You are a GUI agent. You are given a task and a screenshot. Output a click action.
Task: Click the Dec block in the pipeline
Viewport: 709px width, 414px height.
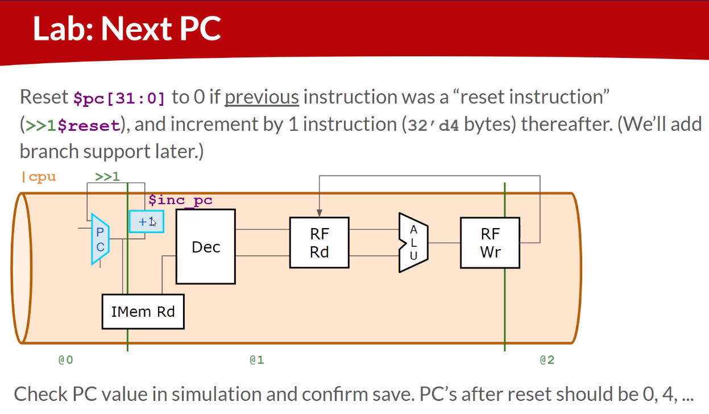pyautogui.click(x=206, y=247)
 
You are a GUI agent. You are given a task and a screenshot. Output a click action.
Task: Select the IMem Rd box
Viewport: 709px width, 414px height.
pyautogui.click(x=143, y=312)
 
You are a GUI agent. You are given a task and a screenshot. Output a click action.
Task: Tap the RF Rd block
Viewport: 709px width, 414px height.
pyautogui.click(x=320, y=243)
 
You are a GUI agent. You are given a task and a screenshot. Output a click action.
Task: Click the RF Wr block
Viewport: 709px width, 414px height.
pyautogui.click(x=490, y=243)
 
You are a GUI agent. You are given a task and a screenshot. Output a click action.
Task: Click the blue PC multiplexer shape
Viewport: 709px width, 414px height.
pyautogui.click(x=100, y=239)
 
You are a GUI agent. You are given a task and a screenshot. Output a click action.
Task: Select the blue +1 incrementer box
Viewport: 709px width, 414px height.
pyautogui.click(x=147, y=222)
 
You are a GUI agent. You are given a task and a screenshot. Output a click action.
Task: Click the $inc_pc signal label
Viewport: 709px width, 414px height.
pyautogui.click(x=180, y=200)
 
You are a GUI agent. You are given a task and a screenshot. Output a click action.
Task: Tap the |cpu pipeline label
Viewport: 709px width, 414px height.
pyautogui.click(x=39, y=177)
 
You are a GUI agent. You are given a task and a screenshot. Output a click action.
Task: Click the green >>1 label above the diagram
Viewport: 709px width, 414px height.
pyautogui.click(x=107, y=176)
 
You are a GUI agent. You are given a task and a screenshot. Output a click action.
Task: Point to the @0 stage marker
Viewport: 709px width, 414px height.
pyautogui.click(x=66, y=360)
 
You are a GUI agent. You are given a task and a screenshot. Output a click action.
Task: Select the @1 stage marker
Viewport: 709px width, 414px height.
pyautogui.click(x=256, y=360)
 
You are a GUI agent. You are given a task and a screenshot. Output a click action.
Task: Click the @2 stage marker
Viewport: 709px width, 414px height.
pyautogui.click(x=547, y=360)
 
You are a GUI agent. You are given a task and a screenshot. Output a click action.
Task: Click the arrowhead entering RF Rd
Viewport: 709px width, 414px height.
pyautogui.click(x=320, y=213)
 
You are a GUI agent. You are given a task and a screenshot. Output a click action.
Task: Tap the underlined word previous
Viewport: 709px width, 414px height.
pyautogui.click(x=262, y=97)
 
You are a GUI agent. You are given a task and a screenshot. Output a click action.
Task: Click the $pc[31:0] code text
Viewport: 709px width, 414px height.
pyautogui.click(x=119, y=98)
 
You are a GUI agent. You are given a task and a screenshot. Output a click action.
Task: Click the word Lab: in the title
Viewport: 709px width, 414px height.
pyautogui.click(x=63, y=29)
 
